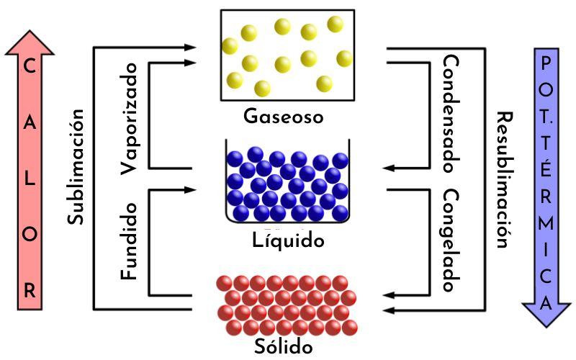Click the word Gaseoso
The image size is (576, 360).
point(283,117)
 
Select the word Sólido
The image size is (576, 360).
point(284,347)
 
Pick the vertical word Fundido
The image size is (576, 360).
point(130,241)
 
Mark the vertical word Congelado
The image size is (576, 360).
point(451,241)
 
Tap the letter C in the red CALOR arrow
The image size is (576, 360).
point(30,67)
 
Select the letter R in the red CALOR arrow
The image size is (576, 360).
point(30,292)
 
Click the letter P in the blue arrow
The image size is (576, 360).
point(546,63)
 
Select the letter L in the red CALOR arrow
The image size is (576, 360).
point(30,179)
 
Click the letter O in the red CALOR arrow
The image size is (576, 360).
point(30,235)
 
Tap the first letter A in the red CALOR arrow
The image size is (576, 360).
point(30,123)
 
